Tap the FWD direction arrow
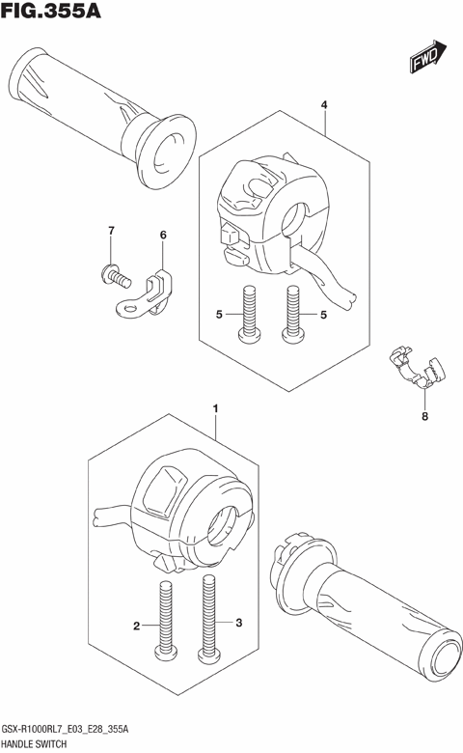coord(426,61)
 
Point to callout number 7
coord(111,231)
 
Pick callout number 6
coord(162,236)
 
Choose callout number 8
coord(423,417)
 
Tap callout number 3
coord(239,623)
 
